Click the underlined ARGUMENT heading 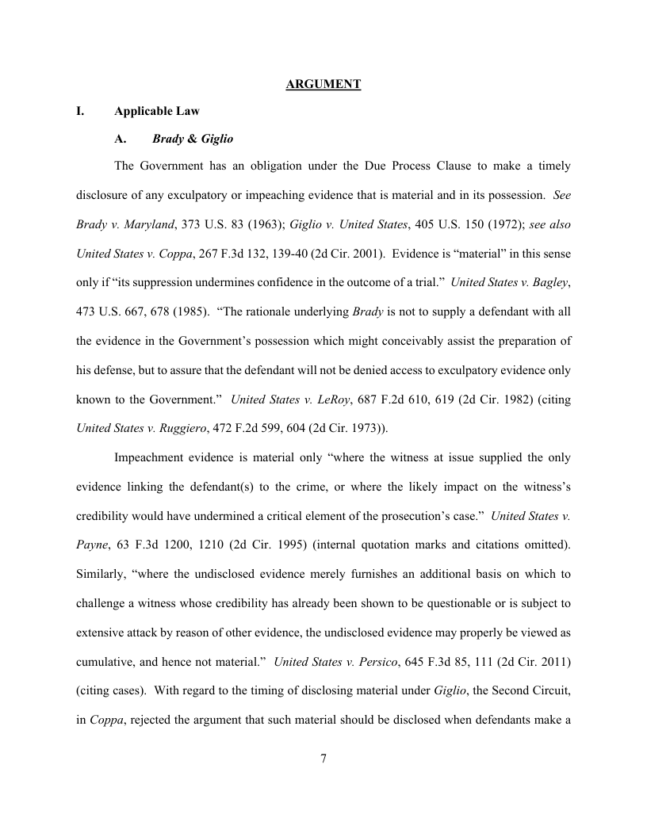point(323,84)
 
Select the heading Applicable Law point(157,112)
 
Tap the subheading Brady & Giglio point(193,139)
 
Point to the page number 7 point(323,759)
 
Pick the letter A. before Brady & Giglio point(121,139)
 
